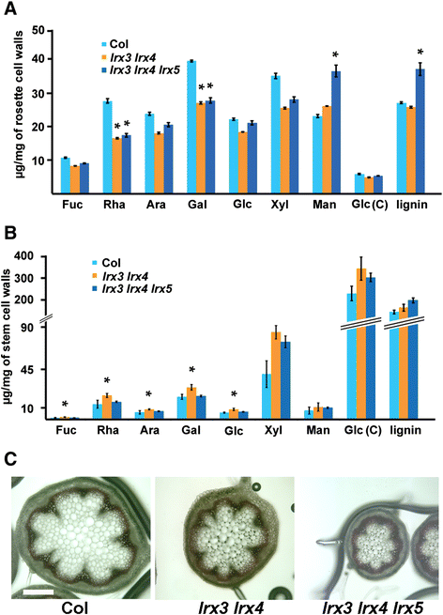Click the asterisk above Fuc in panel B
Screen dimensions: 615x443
65,404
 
